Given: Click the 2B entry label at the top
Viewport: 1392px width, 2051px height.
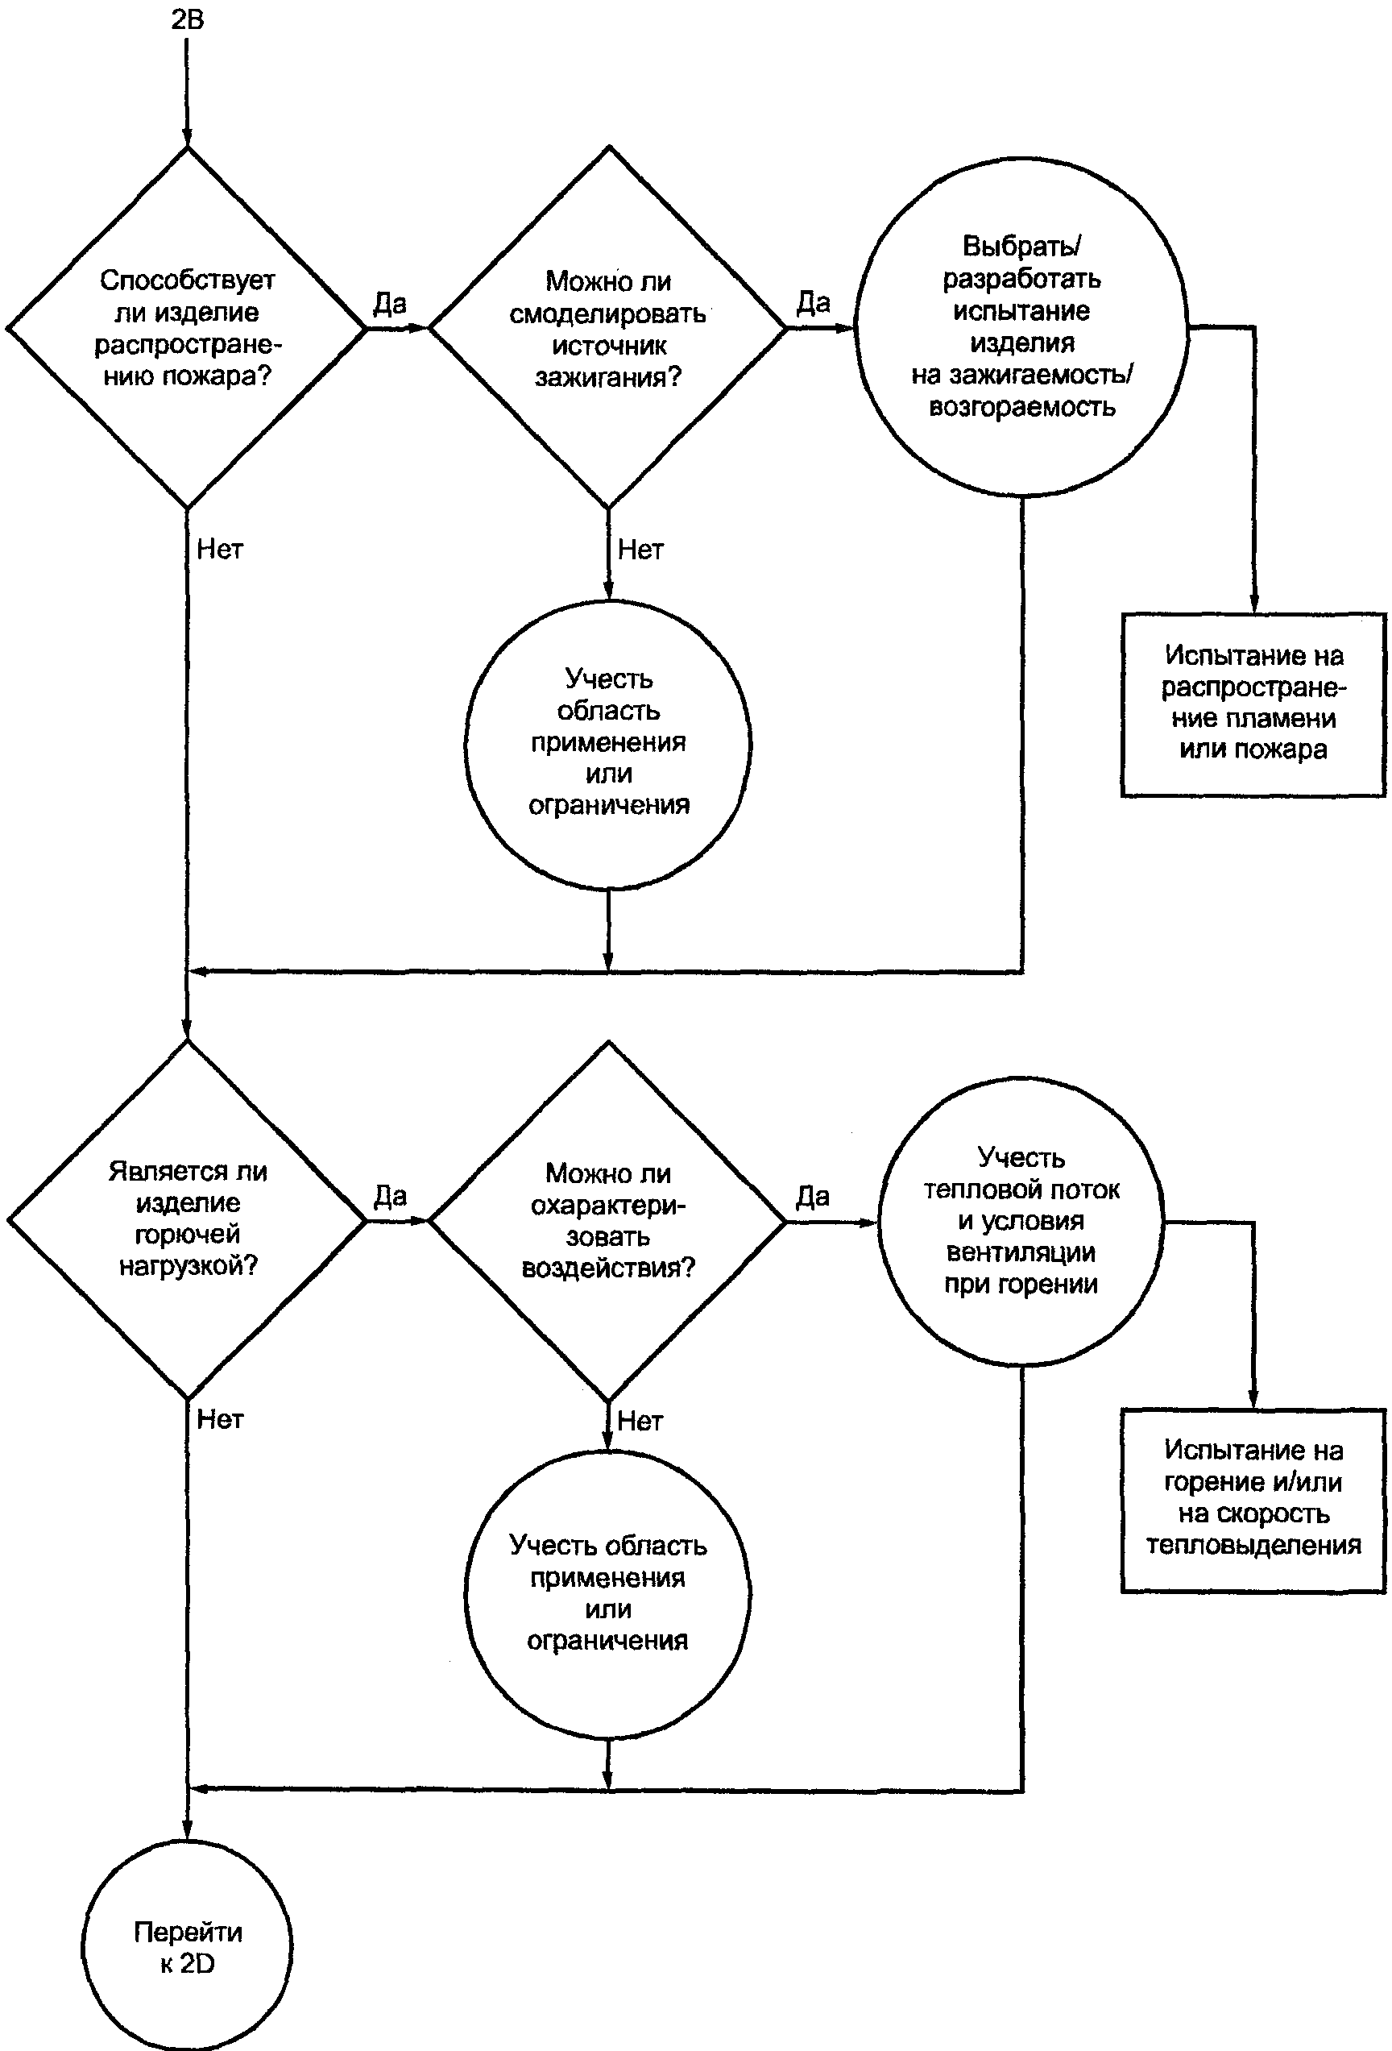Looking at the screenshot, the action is (187, 19).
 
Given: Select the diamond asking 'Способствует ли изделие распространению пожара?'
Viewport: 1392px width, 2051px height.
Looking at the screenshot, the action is (186, 327).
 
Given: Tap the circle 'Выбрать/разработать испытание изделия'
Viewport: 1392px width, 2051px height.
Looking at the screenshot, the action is (1021, 327).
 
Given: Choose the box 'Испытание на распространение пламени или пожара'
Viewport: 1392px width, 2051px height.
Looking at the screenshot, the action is (1253, 705).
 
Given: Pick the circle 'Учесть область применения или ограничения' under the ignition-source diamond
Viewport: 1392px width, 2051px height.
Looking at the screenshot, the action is (607, 744).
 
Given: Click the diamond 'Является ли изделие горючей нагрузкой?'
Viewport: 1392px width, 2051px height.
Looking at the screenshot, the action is (186, 1219).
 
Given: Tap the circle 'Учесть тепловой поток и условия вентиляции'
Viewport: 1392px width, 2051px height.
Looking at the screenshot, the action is (1021, 1222).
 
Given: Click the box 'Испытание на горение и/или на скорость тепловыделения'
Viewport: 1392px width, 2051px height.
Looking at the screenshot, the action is (1253, 1501).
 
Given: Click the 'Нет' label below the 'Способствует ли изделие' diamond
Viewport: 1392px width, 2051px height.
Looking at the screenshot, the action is (220, 549).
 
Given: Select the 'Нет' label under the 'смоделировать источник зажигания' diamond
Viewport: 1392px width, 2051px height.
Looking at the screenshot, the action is (640, 550).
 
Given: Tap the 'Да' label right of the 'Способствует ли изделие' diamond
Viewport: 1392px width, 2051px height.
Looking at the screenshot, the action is (390, 304).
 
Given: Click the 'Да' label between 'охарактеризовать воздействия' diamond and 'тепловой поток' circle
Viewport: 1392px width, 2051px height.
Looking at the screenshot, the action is (813, 1197).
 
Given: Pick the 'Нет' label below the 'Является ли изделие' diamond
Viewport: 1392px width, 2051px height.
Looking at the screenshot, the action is (220, 1419).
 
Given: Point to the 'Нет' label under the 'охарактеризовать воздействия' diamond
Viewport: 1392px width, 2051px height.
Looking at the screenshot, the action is (640, 1421).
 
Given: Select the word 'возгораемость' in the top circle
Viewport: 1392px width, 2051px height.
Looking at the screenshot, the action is (1022, 408).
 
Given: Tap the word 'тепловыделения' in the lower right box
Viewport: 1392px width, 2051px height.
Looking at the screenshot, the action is (1253, 1546).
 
